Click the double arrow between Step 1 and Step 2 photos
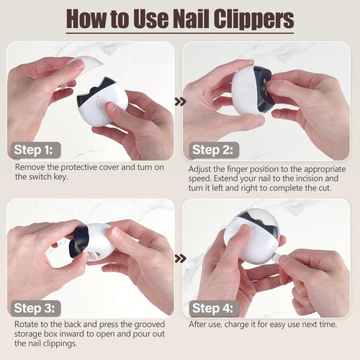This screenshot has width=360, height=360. coord(179,102)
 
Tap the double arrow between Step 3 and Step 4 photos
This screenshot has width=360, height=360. coord(179,258)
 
